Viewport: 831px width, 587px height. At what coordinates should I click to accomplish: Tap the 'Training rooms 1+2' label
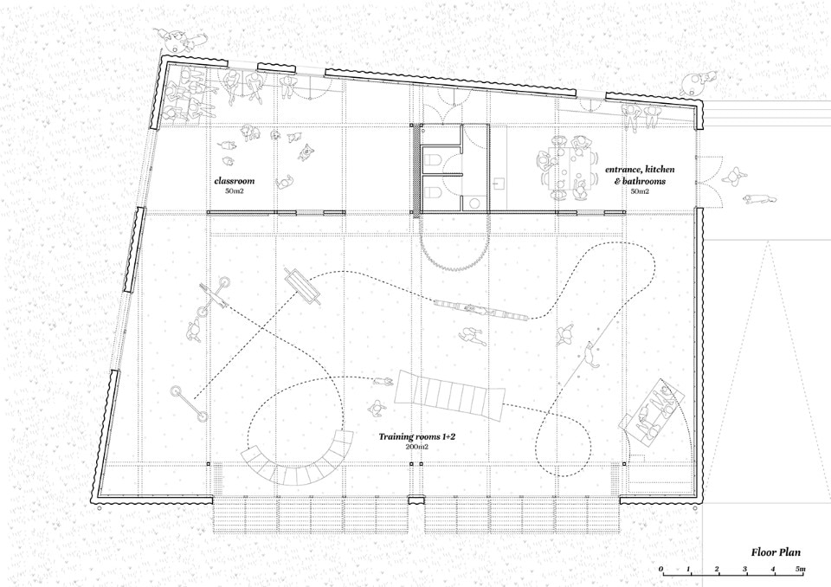click(417, 437)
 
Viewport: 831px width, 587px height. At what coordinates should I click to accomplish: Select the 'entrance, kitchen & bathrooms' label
click(640, 175)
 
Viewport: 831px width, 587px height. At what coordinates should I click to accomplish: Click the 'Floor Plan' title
click(776, 552)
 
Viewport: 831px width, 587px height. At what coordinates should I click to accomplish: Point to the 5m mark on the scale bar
click(801, 570)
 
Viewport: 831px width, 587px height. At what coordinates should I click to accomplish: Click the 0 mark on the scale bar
click(661, 570)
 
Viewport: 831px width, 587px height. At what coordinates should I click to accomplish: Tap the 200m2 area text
click(417, 447)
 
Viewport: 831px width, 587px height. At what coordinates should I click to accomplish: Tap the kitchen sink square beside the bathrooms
click(499, 184)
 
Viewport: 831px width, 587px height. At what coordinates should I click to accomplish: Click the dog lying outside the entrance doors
click(759, 199)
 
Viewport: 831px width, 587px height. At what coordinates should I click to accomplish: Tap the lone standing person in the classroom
click(285, 183)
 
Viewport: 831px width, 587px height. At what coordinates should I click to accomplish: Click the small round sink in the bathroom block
click(473, 202)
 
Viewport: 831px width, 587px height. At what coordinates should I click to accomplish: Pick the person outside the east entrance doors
click(733, 176)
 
